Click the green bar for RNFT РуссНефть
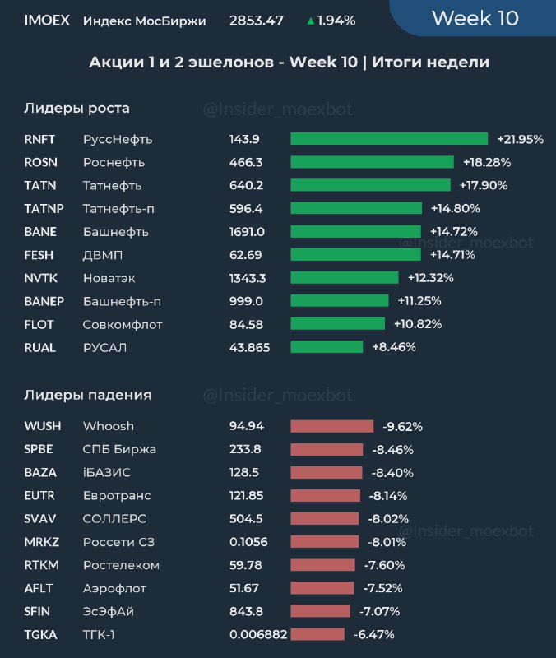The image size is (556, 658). pyautogui.click(x=389, y=139)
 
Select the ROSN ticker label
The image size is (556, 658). pyautogui.click(x=40, y=162)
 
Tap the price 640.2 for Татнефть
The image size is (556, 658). pyautogui.click(x=246, y=185)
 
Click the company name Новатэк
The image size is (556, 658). pyautogui.click(x=110, y=278)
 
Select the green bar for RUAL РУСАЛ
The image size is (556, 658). pyautogui.click(x=327, y=347)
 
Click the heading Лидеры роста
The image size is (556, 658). pyautogui.click(x=76, y=108)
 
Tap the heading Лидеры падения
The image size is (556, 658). pyautogui.click(x=87, y=395)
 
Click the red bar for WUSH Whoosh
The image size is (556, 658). pyautogui.click(x=331, y=426)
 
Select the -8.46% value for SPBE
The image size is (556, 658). pyautogui.click(x=392, y=450)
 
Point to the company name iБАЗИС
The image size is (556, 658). pyautogui.click(x=106, y=473)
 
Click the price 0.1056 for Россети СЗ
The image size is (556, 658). pyautogui.click(x=248, y=542)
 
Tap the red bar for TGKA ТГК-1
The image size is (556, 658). pyautogui.click(x=317, y=634)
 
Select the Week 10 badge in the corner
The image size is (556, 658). pyautogui.click(x=475, y=18)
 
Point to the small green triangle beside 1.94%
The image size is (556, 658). pyautogui.click(x=310, y=21)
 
